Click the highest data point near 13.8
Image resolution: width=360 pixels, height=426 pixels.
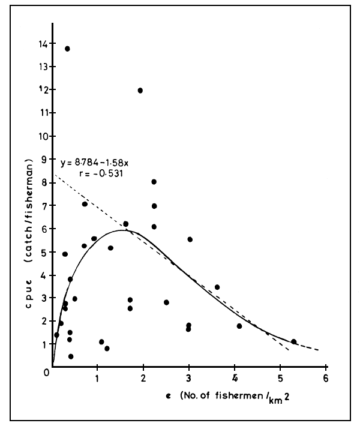click(x=67, y=49)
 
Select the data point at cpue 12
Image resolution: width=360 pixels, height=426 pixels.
click(x=140, y=91)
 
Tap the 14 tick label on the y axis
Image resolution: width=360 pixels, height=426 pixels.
click(x=43, y=43)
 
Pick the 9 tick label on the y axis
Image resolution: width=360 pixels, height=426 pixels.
click(x=44, y=159)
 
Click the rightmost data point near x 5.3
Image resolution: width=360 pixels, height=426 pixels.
click(x=293, y=341)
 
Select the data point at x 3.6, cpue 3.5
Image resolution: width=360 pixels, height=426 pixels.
click(x=217, y=287)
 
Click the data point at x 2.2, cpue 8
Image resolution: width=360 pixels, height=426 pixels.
click(x=154, y=182)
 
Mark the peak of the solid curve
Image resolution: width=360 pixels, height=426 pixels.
click(x=123, y=230)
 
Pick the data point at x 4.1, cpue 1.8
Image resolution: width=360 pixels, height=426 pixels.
click(x=239, y=326)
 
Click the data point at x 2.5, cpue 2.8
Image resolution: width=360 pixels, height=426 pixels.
click(x=166, y=302)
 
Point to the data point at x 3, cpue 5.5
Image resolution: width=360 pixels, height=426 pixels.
click(x=190, y=239)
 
